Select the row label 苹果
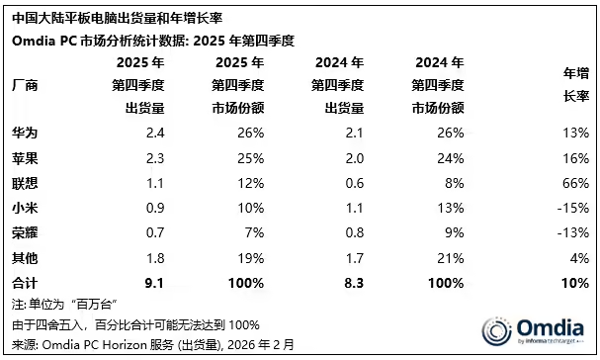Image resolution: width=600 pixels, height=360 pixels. point(25,157)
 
